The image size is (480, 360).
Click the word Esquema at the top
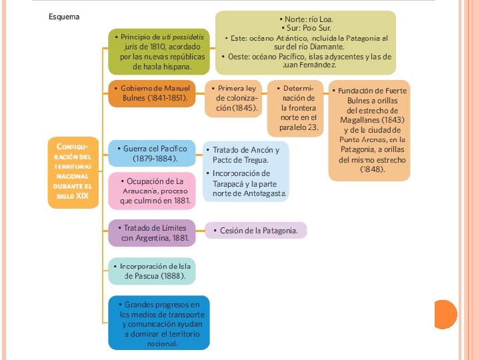pos(64,16)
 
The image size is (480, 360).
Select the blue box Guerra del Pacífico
pos(151,153)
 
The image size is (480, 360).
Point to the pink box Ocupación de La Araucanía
pos(151,190)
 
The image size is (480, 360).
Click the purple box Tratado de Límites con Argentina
pos(151,233)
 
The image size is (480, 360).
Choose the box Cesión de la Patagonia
pos(255,231)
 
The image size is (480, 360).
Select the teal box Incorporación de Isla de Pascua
pos(151,271)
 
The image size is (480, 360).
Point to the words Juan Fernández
pos(309,65)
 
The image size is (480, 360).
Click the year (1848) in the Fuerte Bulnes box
pos(372,169)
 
